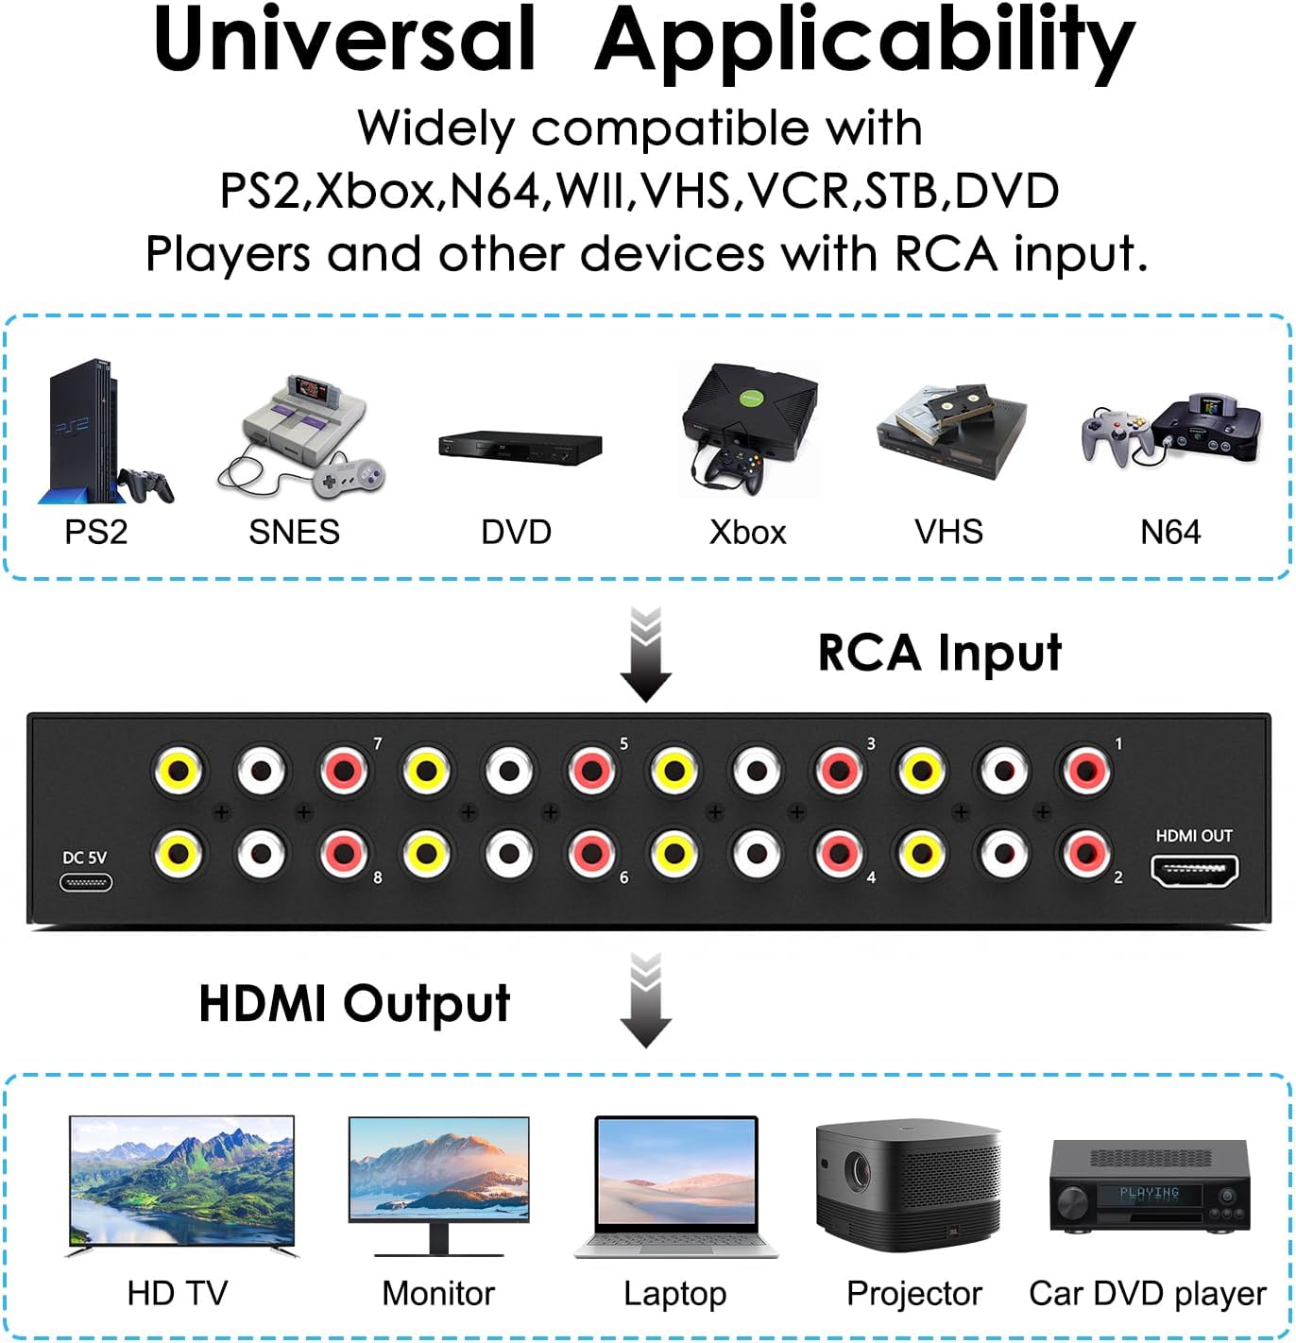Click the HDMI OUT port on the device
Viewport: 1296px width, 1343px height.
(x=1194, y=871)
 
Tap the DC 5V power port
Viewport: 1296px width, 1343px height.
(x=86, y=883)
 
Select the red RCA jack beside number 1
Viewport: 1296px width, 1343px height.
(x=1085, y=771)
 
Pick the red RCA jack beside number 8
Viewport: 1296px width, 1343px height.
(x=343, y=854)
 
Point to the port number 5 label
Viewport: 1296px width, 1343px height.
(x=623, y=744)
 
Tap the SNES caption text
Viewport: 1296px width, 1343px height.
(x=294, y=533)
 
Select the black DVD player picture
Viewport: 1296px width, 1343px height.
(x=520, y=448)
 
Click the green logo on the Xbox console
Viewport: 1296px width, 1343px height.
(x=750, y=399)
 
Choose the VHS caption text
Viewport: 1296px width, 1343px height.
(x=948, y=533)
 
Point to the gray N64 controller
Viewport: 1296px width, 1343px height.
(x=1115, y=433)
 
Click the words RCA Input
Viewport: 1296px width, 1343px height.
(x=939, y=654)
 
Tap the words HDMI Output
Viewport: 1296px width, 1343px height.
(x=354, y=1004)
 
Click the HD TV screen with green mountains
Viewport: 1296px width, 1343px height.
(x=181, y=1181)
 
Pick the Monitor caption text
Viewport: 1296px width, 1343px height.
(x=438, y=1293)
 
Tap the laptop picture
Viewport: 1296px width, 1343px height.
(x=676, y=1187)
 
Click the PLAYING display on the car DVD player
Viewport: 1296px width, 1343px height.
(x=1149, y=1194)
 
